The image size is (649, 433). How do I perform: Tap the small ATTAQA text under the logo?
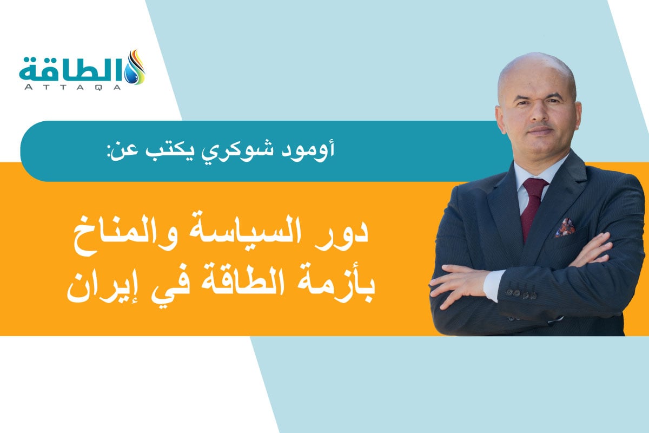click(x=70, y=86)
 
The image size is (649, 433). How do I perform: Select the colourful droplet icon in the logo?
click(x=135, y=68)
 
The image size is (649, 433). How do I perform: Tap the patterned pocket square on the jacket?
click(x=565, y=227)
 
